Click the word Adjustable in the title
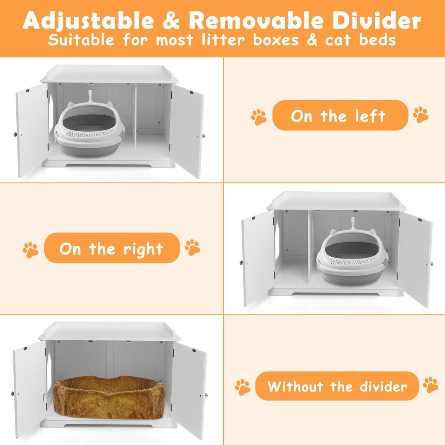[88, 21]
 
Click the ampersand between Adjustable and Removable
[171, 20]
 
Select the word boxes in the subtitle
[276, 40]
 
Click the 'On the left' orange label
[340, 115]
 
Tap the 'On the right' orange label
[112, 248]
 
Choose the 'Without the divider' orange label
[337, 386]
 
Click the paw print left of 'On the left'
[259, 117]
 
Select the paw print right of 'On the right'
[192, 247]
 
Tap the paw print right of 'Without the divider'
[431, 385]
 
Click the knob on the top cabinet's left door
[15, 134]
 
